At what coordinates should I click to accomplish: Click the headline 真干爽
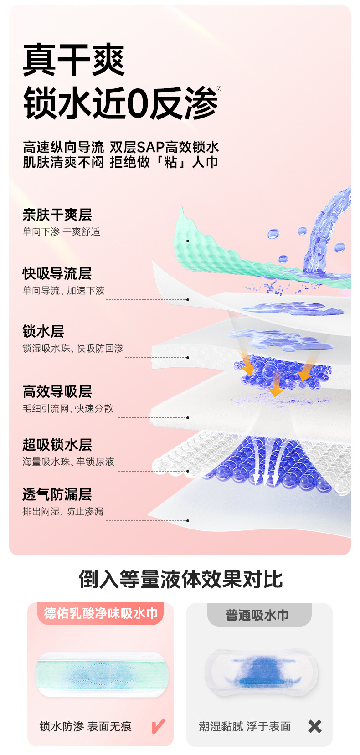74,60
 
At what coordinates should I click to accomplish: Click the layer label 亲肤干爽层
57,215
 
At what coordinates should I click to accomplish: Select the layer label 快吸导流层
57,273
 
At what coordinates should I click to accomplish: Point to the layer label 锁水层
43,331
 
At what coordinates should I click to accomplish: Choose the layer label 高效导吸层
57,391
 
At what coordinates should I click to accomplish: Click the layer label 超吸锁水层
57,445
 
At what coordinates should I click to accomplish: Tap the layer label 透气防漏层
57,494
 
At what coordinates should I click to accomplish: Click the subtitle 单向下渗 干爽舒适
61,232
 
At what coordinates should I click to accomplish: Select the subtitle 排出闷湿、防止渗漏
63,512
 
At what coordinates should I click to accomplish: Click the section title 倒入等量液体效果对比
180,579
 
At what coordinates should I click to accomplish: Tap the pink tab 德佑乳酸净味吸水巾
101,613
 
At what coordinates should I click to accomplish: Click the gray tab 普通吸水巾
257,615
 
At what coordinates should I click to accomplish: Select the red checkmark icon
158,726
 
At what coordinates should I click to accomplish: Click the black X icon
314,726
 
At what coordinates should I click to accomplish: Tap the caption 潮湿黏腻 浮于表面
245,726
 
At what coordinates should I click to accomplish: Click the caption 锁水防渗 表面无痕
86,726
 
